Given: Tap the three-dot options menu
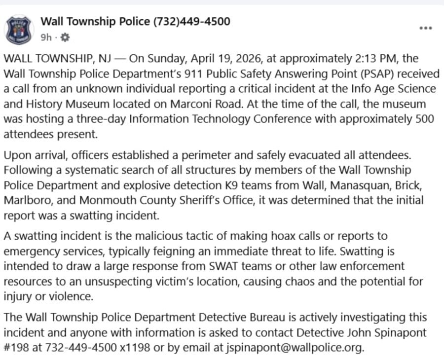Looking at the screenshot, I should point(425,28).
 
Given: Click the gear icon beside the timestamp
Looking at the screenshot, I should point(65,37).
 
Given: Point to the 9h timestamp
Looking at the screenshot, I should point(46,37).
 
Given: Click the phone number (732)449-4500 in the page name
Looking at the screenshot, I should point(192,21).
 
